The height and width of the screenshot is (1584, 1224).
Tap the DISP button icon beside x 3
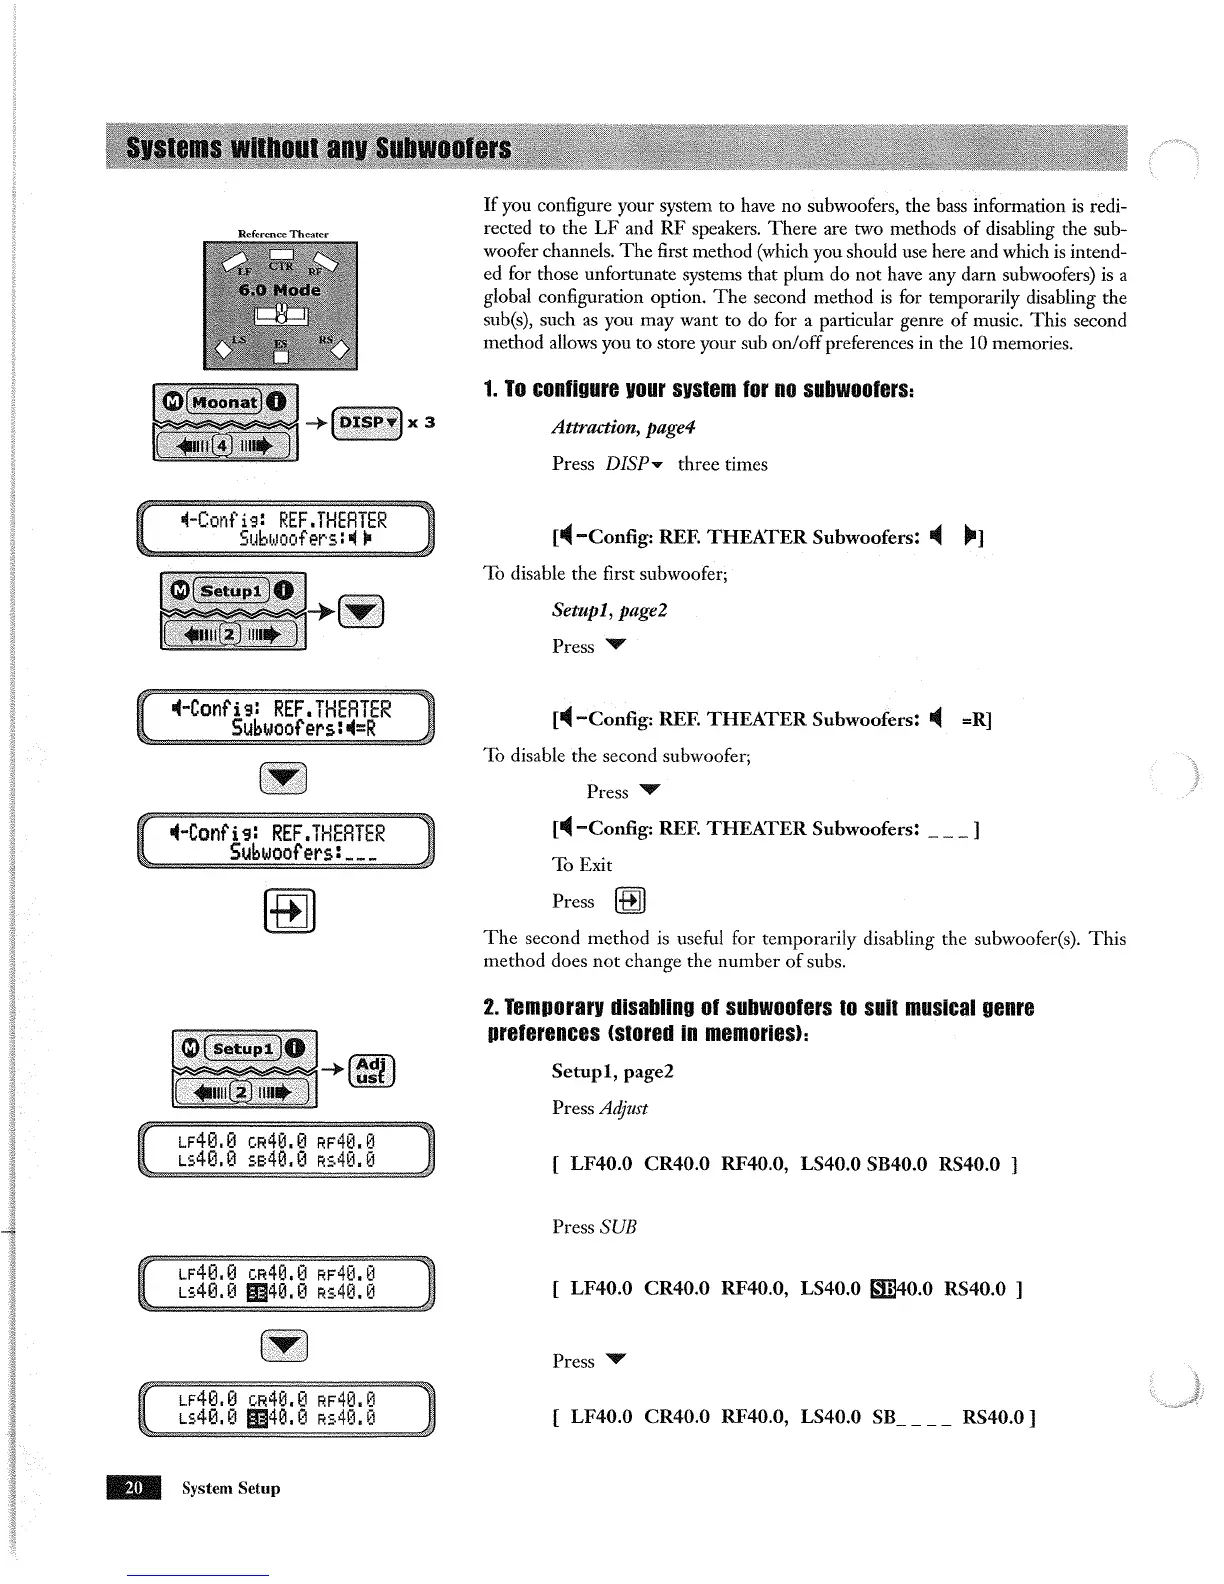pos(366,422)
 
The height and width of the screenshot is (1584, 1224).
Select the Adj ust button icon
pos(372,1071)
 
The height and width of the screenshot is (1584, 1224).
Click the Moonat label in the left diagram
pos(224,402)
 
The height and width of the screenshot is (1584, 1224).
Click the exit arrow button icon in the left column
pos(289,910)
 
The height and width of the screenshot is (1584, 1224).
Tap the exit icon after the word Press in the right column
pos(630,901)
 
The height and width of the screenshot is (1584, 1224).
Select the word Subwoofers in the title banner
pos(442,150)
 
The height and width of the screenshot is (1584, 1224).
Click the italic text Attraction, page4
pos(623,428)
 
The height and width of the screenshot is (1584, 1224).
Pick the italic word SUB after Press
pos(618,1227)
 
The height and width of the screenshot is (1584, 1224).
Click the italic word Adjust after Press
pos(623,1108)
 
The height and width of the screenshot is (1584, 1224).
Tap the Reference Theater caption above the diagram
pos(283,234)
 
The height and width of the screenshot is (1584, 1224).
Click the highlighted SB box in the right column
pos(884,1289)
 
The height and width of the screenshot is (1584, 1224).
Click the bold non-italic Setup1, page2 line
pos(612,1072)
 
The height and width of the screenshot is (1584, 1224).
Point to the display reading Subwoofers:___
pos(286,844)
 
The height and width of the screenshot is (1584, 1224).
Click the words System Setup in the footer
pos(231,1488)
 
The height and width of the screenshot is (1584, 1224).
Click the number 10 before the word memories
pos(1010,344)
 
